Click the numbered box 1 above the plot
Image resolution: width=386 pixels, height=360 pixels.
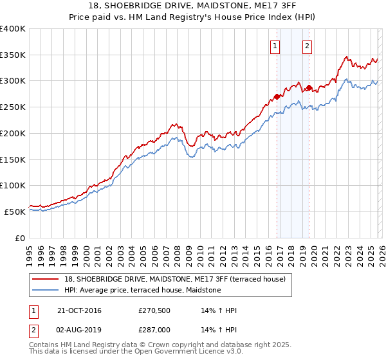coord(275,46)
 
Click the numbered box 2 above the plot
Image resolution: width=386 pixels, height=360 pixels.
coord(308,46)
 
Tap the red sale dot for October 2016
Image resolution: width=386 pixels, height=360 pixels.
coord(277,96)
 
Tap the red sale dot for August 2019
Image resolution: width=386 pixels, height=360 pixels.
coord(309,87)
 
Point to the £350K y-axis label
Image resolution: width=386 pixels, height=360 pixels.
coord(13,55)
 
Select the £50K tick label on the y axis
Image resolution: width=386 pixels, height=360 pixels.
coord(15,212)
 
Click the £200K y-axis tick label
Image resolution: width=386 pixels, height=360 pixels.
coord(13,133)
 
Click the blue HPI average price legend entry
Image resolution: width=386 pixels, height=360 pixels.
coord(142,290)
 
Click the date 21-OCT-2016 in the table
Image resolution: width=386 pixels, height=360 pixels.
coord(79,310)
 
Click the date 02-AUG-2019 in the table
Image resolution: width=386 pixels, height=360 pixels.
coord(79,330)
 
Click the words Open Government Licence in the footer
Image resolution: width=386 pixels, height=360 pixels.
coord(179,352)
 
